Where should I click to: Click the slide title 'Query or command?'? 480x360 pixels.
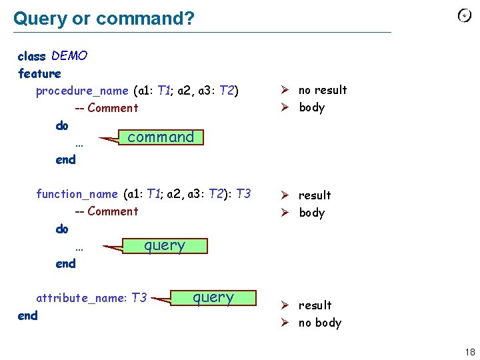[x=104, y=18]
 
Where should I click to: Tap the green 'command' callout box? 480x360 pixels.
[x=161, y=137]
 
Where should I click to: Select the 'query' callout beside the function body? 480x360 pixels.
[x=165, y=245]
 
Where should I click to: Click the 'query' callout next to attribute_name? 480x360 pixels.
[x=213, y=297]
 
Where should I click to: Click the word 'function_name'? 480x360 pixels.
[x=77, y=194]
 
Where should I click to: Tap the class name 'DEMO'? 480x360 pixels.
[x=69, y=56]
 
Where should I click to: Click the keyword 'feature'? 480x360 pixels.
[x=39, y=73]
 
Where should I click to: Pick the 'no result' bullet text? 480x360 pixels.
[x=323, y=90]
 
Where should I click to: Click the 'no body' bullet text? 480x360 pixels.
[x=320, y=323]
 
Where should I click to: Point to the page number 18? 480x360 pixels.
[x=470, y=352]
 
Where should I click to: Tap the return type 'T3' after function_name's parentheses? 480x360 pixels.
[x=243, y=194]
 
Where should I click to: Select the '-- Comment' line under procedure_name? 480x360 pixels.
[x=106, y=108]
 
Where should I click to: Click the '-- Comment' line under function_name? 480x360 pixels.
[x=106, y=211]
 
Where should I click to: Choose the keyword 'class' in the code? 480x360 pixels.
[x=31, y=56]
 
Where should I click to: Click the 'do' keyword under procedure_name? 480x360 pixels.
[x=62, y=125]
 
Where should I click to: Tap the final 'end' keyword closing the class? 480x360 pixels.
[x=27, y=315]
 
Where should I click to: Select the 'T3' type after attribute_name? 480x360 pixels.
[x=139, y=298]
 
